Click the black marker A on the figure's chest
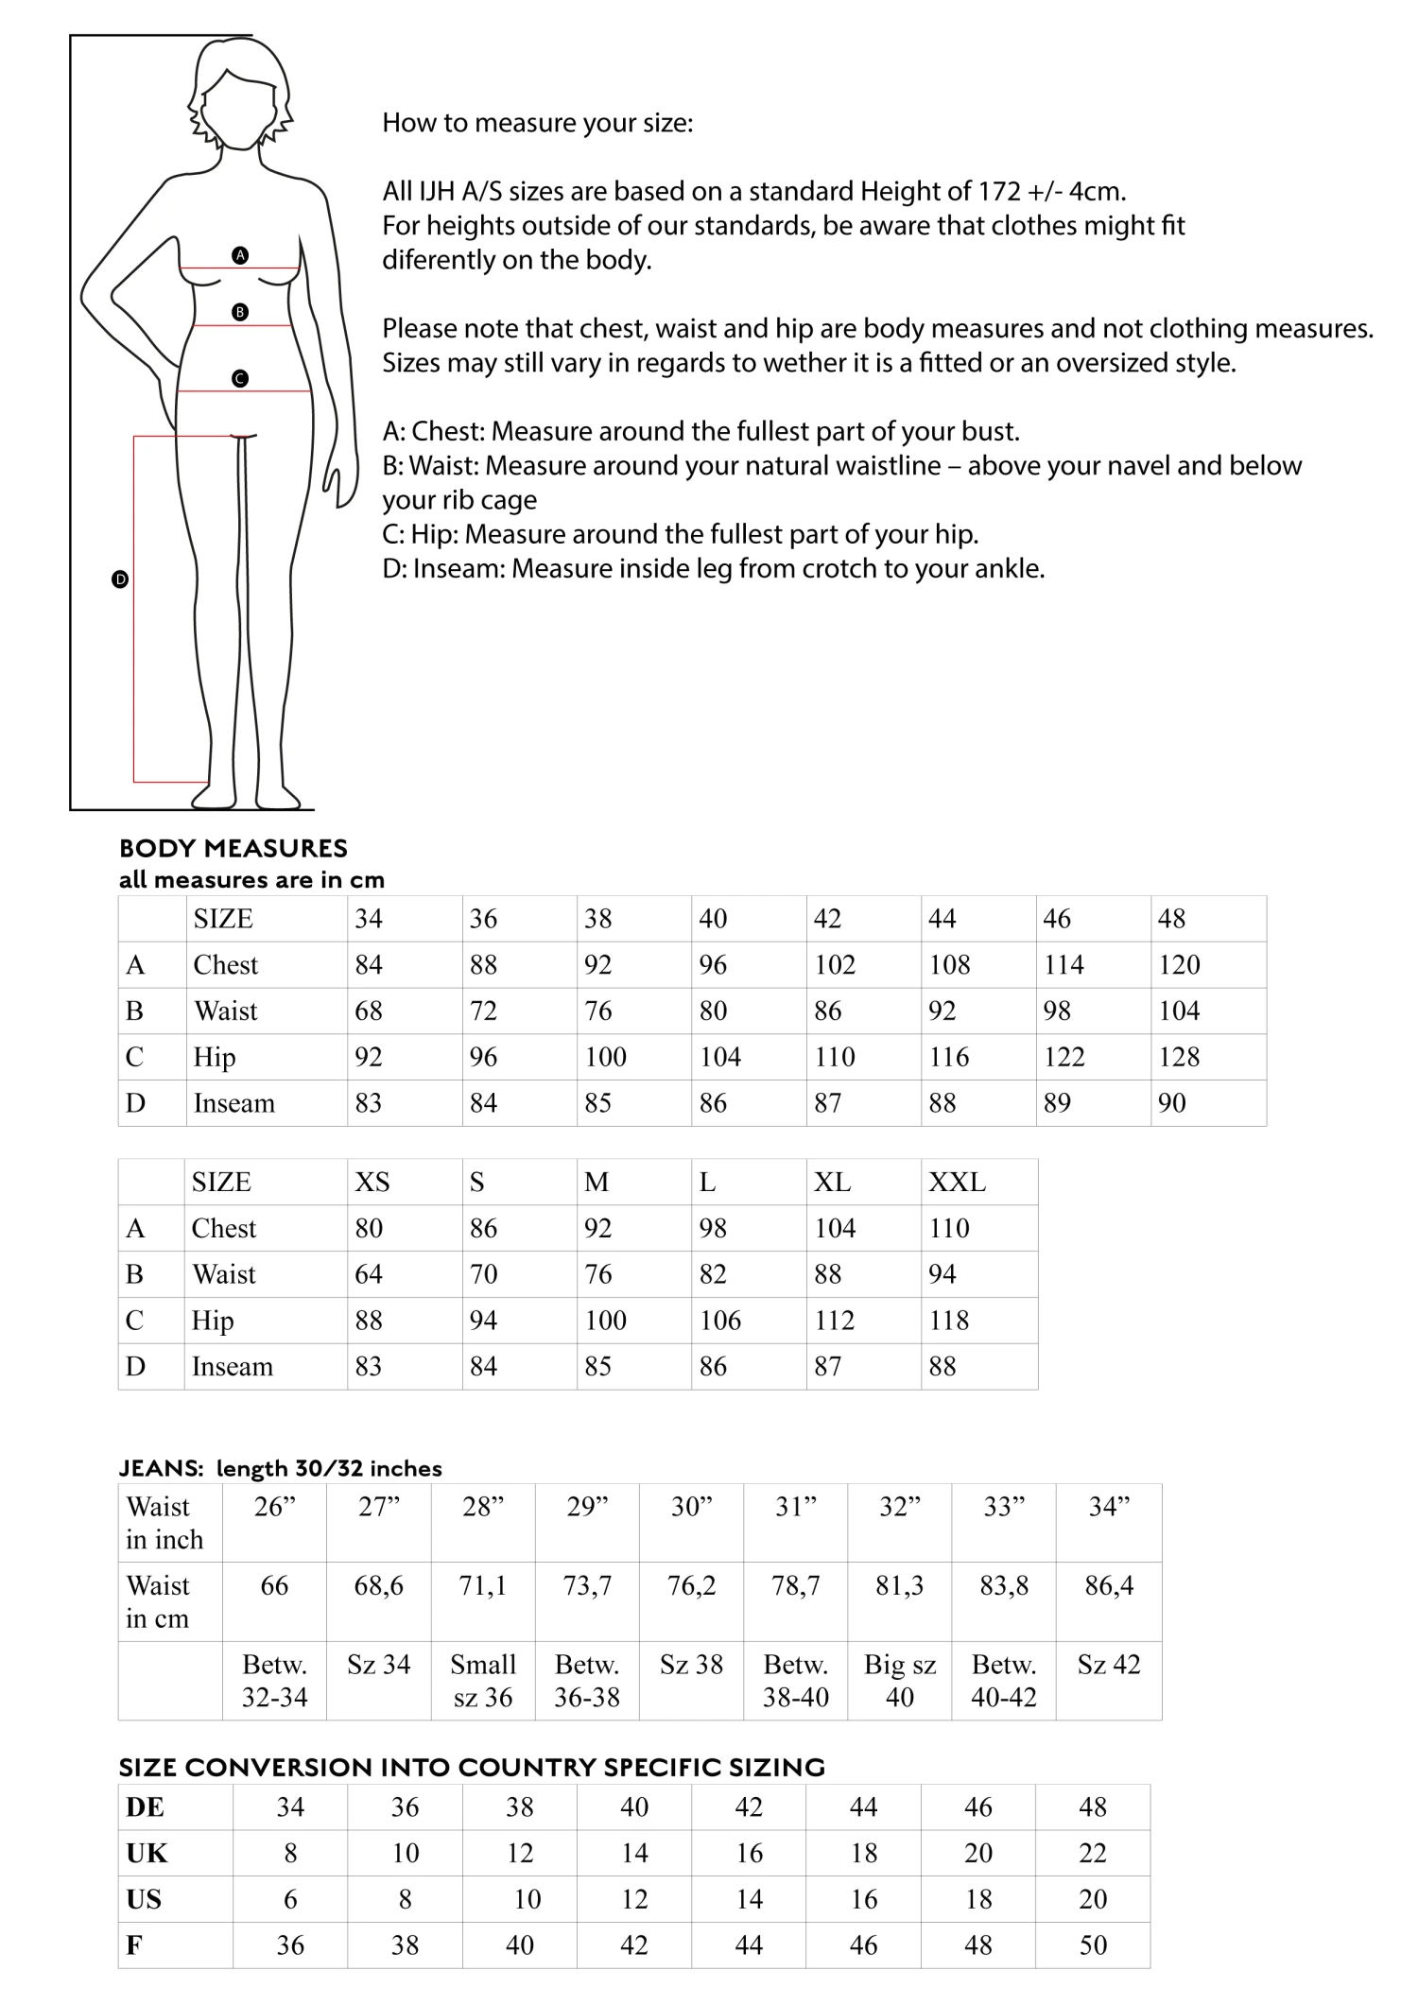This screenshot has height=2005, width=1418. pos(240,255)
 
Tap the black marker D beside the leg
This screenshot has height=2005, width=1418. pos(120,579)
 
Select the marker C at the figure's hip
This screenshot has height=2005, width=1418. pos(240,378)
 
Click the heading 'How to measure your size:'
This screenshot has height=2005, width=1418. pos(537,123)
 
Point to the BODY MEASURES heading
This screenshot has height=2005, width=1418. pos(233,848)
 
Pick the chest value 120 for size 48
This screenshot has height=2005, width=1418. pos(1179,964)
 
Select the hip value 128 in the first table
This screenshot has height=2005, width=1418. pos(1179,1057)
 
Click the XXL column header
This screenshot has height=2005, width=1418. pos(957,1182)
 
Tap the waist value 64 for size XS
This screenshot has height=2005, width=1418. pos(369,1274)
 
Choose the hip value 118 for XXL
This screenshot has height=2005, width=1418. pos(949,1320)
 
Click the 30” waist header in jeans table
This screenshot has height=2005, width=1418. pos(691,1506)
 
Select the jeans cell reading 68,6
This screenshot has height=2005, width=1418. pos(378,1585)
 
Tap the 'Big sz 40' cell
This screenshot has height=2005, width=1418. pos(899,1680)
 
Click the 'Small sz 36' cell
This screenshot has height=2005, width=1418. pos(482,1680)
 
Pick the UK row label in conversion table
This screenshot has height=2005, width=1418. pos(147,1853)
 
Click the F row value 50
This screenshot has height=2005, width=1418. pos(1093,1945)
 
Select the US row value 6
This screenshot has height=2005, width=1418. pos(290,1898)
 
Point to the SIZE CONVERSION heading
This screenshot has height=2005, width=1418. pos(472,1767)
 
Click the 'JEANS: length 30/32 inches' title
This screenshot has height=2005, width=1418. pos(280,1468)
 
